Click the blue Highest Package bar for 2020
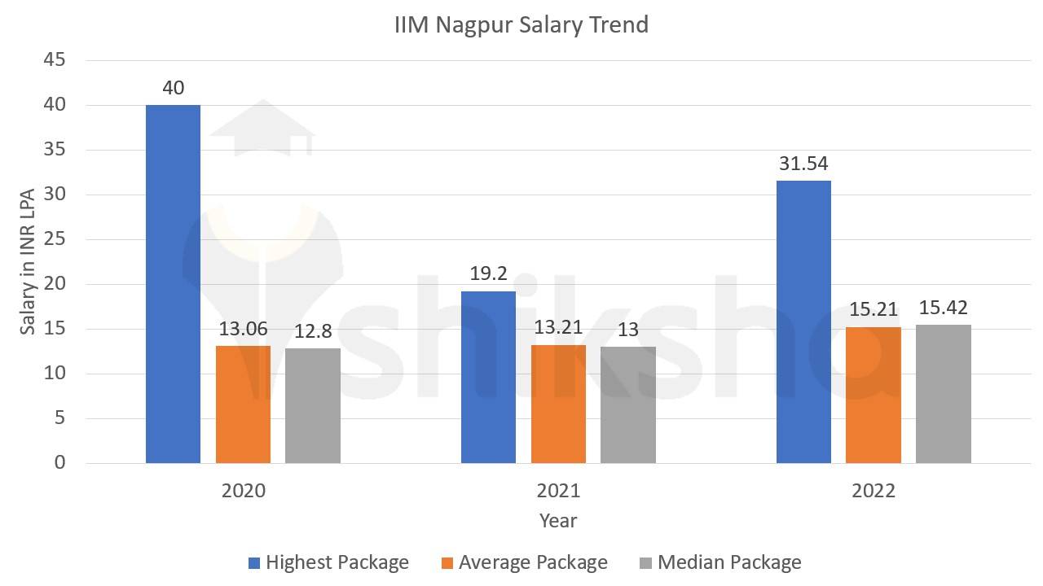(x=173, y=284)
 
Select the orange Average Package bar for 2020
(x=243, y=405)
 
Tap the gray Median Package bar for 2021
(x=628, y=405)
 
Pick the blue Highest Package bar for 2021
(x=488, y=378)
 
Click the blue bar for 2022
(x=803, y=322)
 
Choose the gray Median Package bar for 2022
(x=943, y=395)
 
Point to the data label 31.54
(x=803, y=164)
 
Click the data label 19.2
(x=488, y=274)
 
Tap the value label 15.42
(x=943, y=308)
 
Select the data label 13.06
(x=243, y=329)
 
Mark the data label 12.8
(x=313, y=331)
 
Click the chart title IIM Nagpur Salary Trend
(x=521, y=25)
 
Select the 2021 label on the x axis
(x=558, y=491)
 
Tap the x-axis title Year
(x=558, y=520)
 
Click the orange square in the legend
(x=447, y=563)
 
